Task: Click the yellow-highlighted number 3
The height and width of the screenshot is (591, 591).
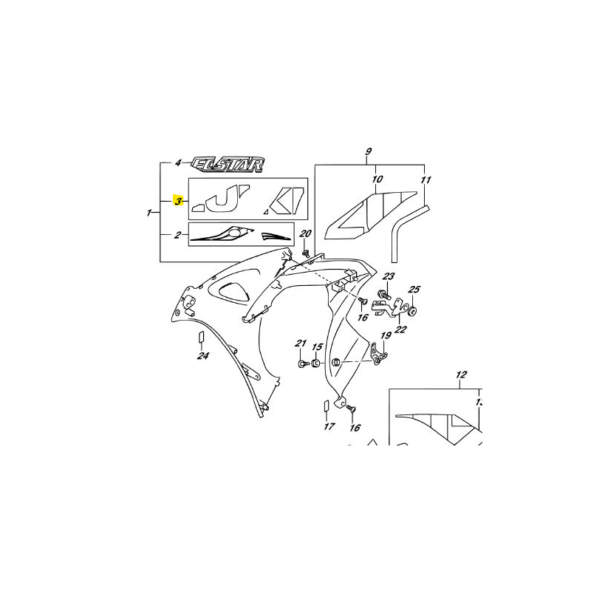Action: pyautogui.click(x=177, y=201)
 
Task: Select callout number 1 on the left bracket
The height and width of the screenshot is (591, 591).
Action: pyautogui.click(x=150, y=213)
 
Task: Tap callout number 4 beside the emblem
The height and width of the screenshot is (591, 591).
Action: pyautogui.click(x=178, y=163)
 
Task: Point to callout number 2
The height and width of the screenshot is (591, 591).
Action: pyautogui.click(x=177, y=236)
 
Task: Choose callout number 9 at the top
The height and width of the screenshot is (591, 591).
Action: pyautogui.click(x=368, y=153)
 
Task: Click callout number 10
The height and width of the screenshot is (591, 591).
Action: pyautogui.click(x=377, y=180)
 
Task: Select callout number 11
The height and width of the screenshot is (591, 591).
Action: pyautogui.click(x=425, y=180)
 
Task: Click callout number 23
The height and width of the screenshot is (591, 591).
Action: pyautogui.click(x=389, y=277)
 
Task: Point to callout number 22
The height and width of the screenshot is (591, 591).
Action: pyautogui.click(x=400, y=329)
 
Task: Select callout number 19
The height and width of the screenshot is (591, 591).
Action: pyautogui.click(x=385, y=337)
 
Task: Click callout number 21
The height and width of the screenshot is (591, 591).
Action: pyautogui.click(x=301, y=344)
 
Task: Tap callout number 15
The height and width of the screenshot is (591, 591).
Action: pyautogui.click(x=316, y=347)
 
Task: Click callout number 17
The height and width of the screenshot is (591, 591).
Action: pyautogui.click(x=329, y=426)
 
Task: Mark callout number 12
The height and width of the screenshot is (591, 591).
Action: pyautogui.click(x=462, y=375)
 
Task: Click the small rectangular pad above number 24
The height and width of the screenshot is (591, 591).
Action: pyautogui.click(x=199, y=338)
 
